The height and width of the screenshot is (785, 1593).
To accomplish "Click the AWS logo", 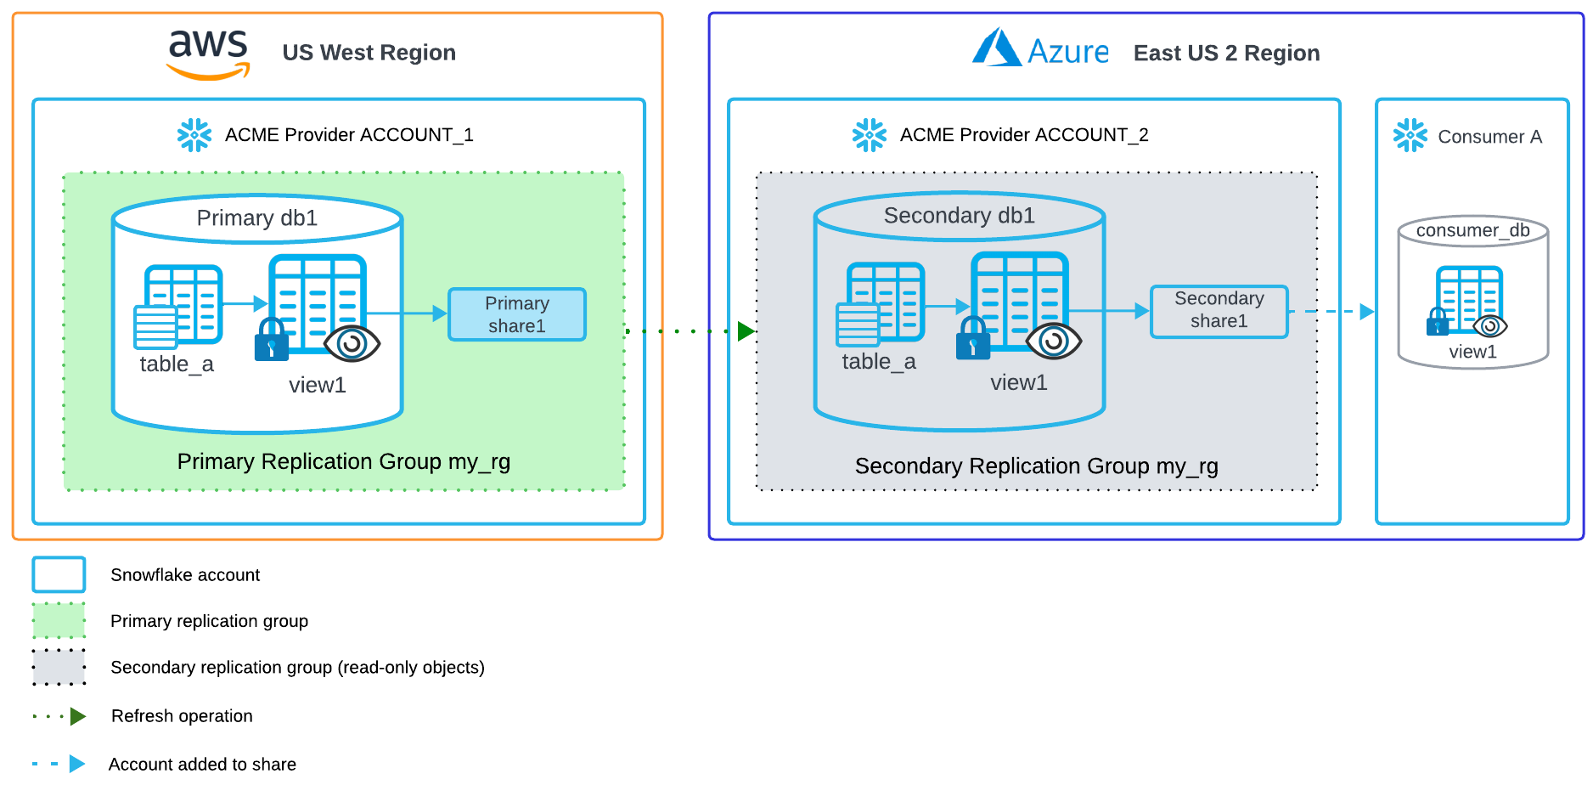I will [x=208, y=54].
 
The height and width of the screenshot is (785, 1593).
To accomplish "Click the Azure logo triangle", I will [x=996, y=48].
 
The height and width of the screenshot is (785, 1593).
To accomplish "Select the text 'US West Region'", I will [x=369, y=53].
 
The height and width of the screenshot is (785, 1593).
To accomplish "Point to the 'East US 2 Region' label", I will [x=1226, y=54].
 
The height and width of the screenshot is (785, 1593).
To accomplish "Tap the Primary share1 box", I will [x=516, y=314].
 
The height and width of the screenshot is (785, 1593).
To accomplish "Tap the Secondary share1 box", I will [x=1219, y=311].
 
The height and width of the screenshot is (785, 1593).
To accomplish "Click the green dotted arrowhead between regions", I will [x=746, y=330].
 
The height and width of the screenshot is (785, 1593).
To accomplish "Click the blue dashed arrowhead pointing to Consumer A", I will [x=1366, y=311].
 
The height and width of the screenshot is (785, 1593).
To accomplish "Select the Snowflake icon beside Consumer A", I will [x=1410, y=136].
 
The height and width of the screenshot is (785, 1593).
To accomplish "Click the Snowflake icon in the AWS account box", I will [x=194, y=135].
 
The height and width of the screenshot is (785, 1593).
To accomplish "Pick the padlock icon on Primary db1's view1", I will [x=272, y=341].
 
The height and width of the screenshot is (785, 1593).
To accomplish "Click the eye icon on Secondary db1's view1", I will [x=1053, y=341].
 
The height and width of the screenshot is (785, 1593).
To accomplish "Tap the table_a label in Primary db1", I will [x=177, y=364].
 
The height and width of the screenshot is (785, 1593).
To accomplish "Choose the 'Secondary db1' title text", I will [x=959, y=216].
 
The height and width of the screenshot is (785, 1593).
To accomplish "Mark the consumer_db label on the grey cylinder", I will [x=1472, y=231].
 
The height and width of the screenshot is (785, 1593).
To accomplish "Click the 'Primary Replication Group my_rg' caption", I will [x=343, y=461].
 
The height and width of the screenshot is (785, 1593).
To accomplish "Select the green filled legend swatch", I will [x=59, y=620].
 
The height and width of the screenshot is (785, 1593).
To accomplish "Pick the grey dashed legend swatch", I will [x=59, y=667].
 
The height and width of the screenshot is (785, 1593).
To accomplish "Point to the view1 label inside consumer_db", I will [x=1472, y=352].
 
